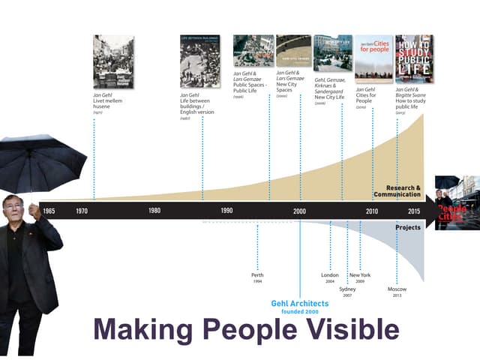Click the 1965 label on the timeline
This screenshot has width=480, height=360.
point(48,211)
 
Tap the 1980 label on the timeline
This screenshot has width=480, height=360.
point(154,211)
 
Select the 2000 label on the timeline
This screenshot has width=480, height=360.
point(300,211)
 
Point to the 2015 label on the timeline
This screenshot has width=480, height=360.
point(414,211)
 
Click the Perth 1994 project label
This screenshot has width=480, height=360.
point(257,277)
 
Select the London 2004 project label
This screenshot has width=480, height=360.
point(330,277)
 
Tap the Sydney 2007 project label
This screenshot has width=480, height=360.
point(347,291)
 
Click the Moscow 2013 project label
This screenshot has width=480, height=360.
point(397,291)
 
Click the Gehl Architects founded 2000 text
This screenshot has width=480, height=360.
point(300,307)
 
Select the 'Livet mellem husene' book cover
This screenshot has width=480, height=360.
point(113,61)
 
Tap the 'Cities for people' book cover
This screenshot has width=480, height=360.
point(373,57)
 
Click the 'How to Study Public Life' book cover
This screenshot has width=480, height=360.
point(414,57)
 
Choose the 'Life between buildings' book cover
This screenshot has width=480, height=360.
point(200,61)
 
